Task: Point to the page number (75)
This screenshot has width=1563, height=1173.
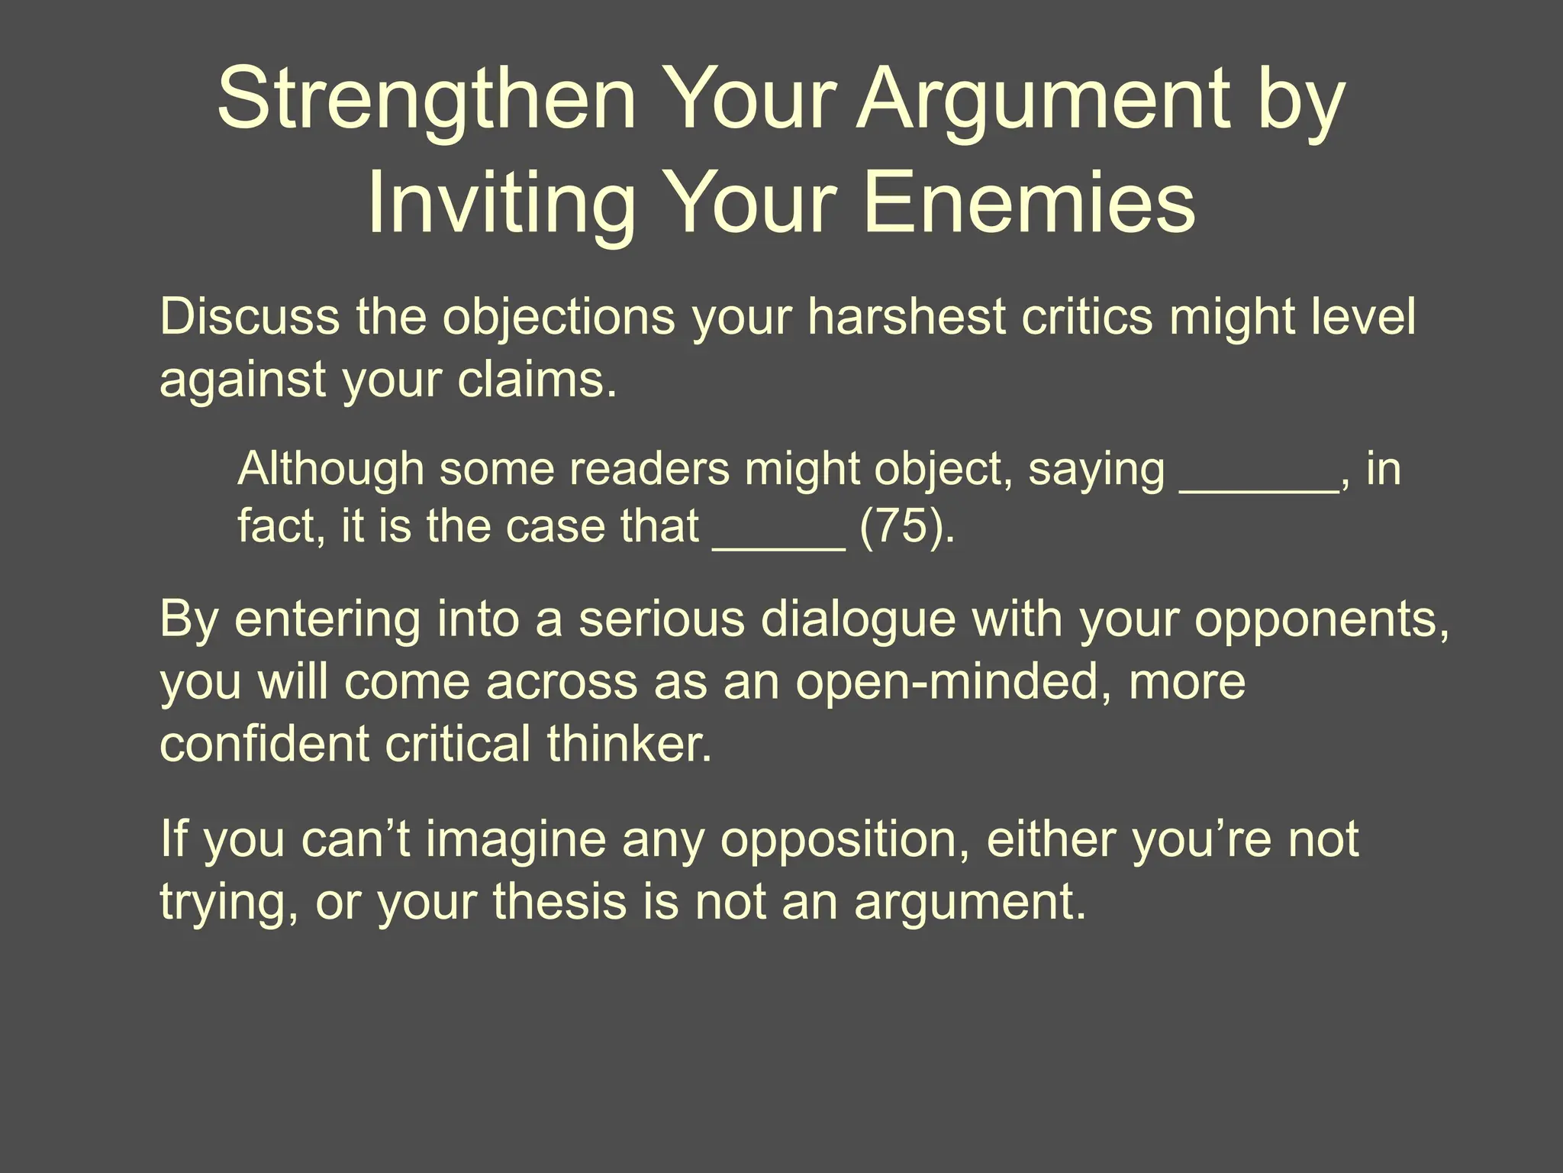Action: click(x=907, y=526)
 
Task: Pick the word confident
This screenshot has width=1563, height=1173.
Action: click(x=265, y=744)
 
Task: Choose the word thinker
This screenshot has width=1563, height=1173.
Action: click(x=629, y=744)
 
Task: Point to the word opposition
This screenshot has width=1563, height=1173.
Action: click(x=845, y=839)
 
